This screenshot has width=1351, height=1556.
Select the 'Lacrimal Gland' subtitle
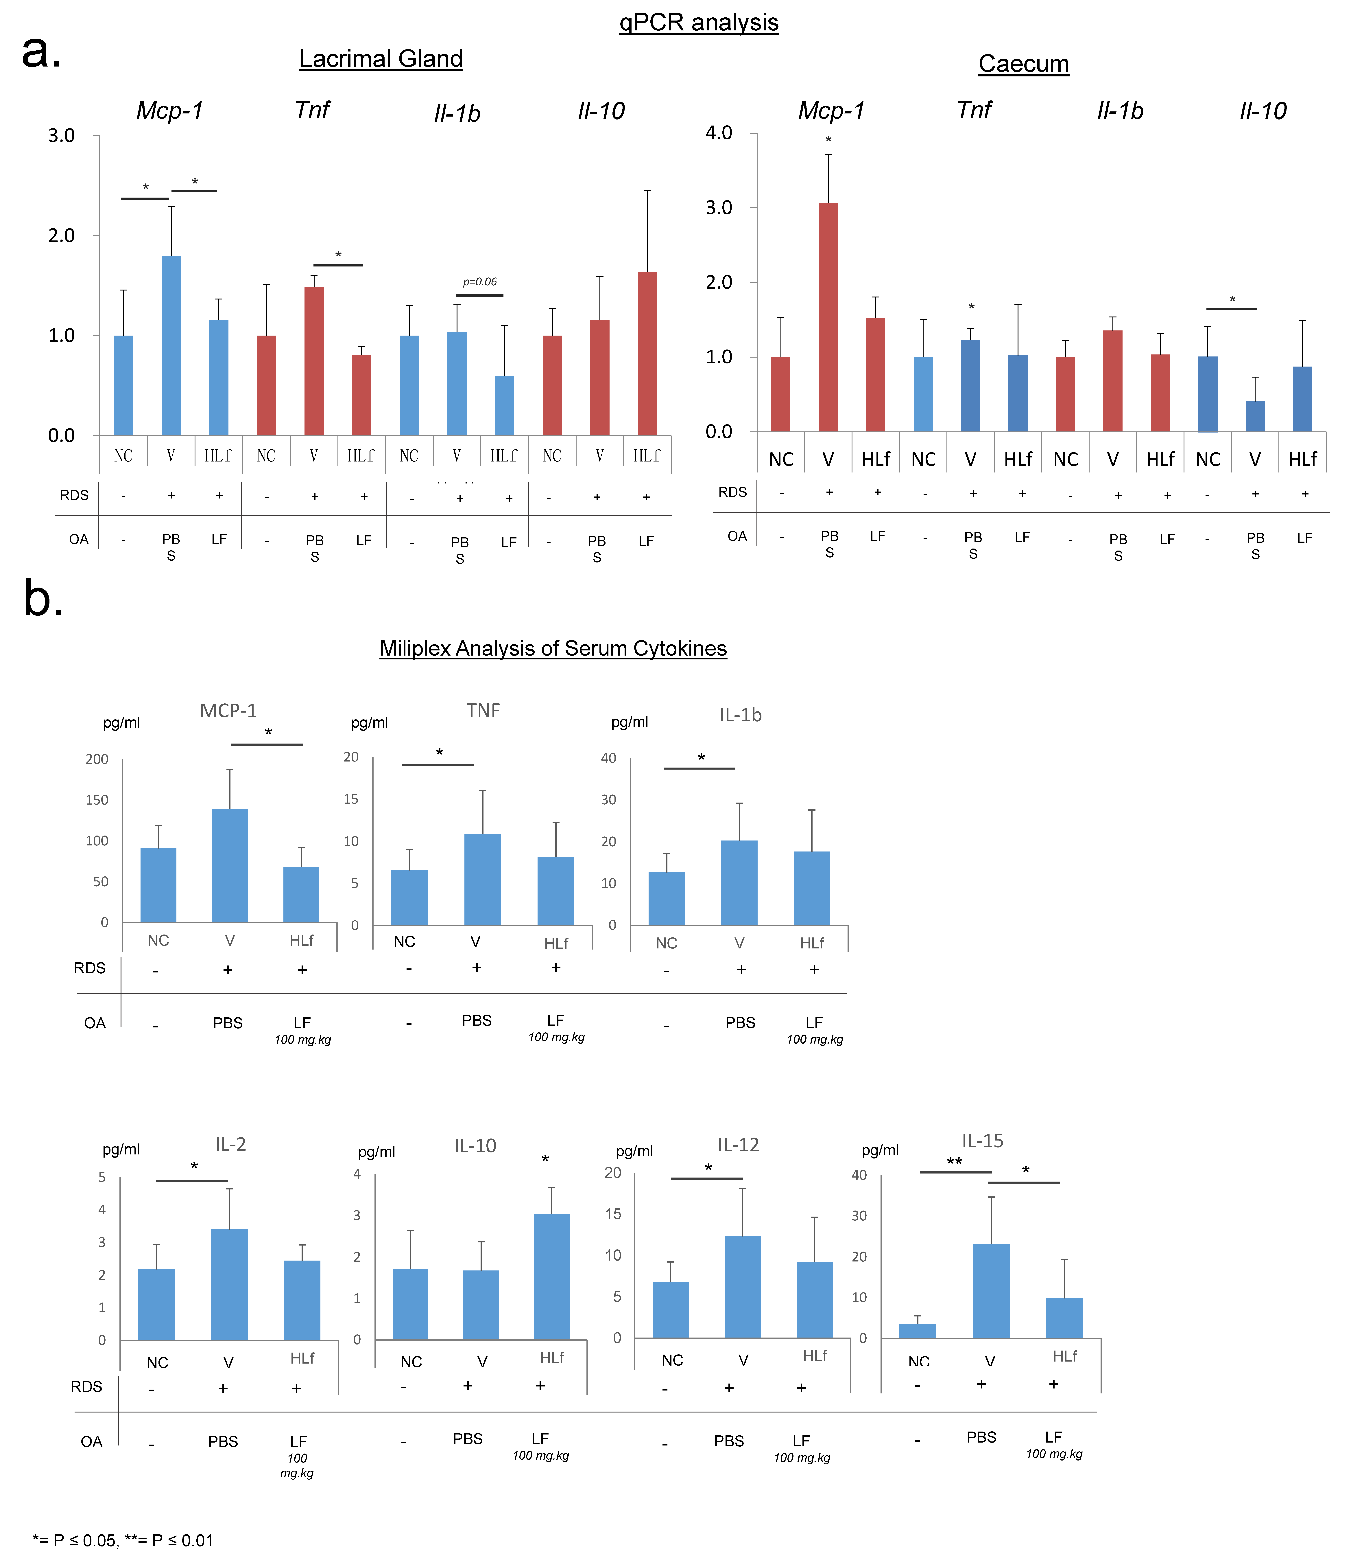(381, 59)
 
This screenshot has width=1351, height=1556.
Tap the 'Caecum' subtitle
(1023, 63)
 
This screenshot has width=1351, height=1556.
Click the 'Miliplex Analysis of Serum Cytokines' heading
(553, 649)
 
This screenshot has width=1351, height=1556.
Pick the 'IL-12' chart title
(738, 1145)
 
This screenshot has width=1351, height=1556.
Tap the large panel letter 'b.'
(43, 598)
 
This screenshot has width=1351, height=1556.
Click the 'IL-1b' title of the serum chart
(740, 715)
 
